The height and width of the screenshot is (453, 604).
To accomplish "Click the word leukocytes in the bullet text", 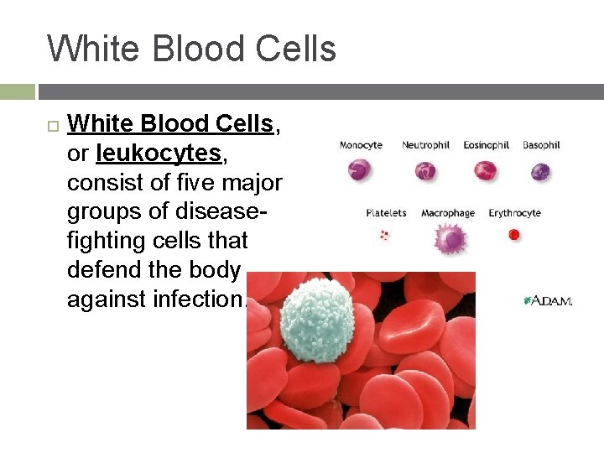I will point(158,154).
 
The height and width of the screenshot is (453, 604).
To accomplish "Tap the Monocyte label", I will point(361,145).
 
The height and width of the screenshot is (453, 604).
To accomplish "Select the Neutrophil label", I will point(426,145).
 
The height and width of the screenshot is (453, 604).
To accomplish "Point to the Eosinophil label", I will point(487,145).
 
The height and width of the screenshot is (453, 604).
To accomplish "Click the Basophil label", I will point(541,145).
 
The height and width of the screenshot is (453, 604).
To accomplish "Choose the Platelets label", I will point(386,213).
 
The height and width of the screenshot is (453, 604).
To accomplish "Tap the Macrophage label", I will point(447,213).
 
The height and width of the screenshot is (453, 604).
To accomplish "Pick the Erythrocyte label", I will point(514,213).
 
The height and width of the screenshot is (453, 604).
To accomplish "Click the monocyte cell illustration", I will point(360,171).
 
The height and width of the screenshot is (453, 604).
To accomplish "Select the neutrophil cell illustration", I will point(426,171).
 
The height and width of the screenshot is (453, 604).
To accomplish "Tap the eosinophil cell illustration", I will point(486,171).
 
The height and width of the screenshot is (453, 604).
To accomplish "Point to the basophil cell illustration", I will point(540,171).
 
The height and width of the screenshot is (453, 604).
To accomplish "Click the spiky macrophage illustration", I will point(450,239).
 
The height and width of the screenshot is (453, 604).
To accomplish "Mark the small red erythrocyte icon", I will point(514,236).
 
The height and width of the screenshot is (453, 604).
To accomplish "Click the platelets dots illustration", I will point(385,236).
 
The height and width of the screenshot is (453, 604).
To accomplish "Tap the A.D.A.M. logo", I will point(547,299).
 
